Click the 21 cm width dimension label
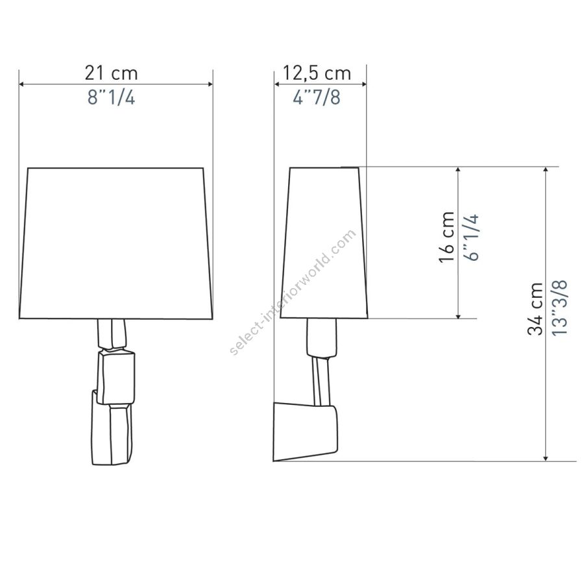coord(111,73)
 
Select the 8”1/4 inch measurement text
coord(111,97)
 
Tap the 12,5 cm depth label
coord(317,73)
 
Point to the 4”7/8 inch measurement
coord(317,97)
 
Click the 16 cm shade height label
coord(447,237)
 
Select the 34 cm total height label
coord(535,309)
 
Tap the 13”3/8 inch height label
coord(559,308)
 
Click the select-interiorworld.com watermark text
coord(293,293)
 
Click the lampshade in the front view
coord(116,243)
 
